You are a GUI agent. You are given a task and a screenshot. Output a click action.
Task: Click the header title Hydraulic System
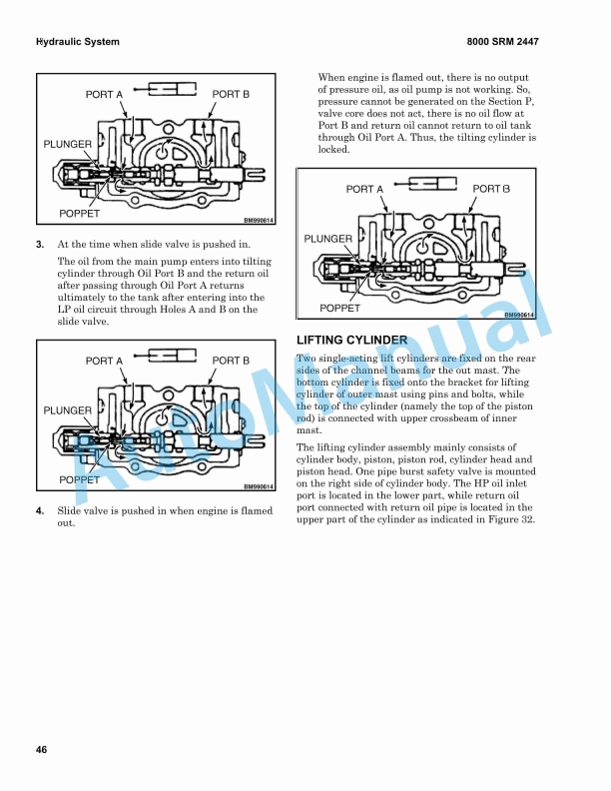(77, 42)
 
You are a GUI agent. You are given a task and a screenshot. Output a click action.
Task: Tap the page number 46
(41, 750)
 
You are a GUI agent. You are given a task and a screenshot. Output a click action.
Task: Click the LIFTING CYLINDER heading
(351, 341)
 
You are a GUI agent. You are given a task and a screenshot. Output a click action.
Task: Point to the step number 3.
(40, 243)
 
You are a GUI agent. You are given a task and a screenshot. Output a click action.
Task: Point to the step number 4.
(40, 510)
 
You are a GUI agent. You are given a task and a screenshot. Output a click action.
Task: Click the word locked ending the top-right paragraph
(333, 150)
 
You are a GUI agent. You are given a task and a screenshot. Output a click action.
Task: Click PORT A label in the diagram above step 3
(104, 94)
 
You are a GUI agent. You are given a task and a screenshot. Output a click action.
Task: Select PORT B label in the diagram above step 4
(231, 361)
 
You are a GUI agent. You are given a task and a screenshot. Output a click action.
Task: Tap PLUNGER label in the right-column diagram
(327, 239)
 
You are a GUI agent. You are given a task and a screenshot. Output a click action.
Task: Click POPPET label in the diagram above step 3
(80, 214)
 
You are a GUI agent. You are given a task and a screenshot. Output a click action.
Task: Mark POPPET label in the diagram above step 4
(80, 479)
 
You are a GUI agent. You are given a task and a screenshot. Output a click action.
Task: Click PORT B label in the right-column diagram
(491, 189)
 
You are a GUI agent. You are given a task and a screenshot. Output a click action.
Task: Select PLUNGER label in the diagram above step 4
(68, 410)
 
